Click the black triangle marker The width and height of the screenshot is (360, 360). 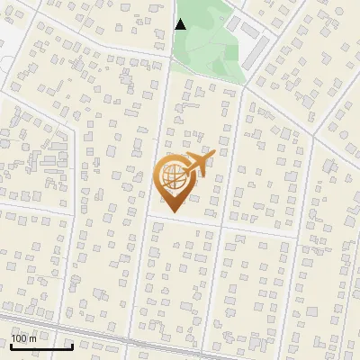click(180, 24)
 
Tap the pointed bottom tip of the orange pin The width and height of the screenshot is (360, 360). click(174, 211)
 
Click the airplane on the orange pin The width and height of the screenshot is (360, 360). click(198, 166)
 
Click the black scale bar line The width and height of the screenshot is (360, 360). click(40, 346)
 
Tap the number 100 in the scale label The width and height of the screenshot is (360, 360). click(19, 337)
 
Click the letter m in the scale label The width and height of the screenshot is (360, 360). click(32, 337)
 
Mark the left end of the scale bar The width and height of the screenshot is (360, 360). click(10, 346)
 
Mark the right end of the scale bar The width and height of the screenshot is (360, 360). click(72, 346)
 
